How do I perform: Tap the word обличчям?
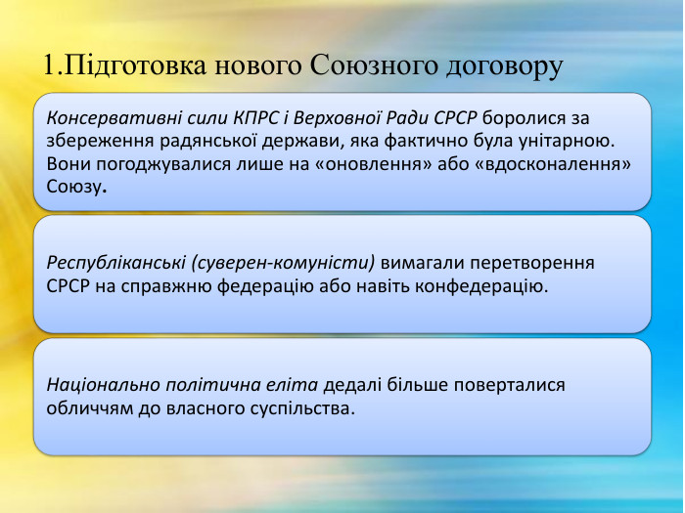coord(88,407)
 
